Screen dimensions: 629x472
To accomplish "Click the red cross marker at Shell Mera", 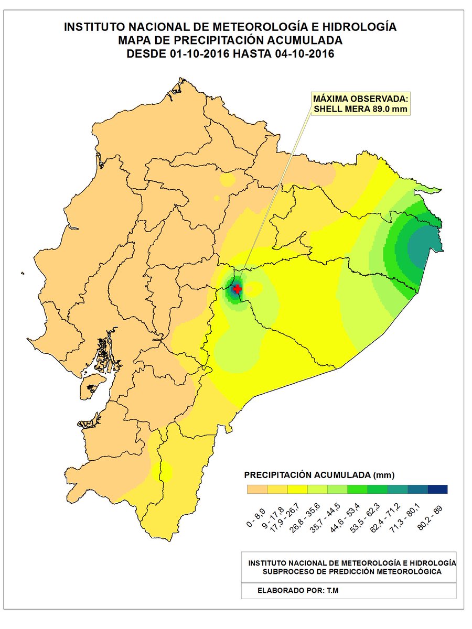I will click(237, 289).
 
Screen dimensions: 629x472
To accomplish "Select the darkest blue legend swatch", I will click(437, 489).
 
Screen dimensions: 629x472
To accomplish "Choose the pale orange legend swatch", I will click(258, 489).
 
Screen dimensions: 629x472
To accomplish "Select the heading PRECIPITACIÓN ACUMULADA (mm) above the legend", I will click(319, 475).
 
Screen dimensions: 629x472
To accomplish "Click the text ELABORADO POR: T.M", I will click(298, 590).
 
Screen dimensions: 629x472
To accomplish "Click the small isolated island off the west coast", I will click(23, 272).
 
